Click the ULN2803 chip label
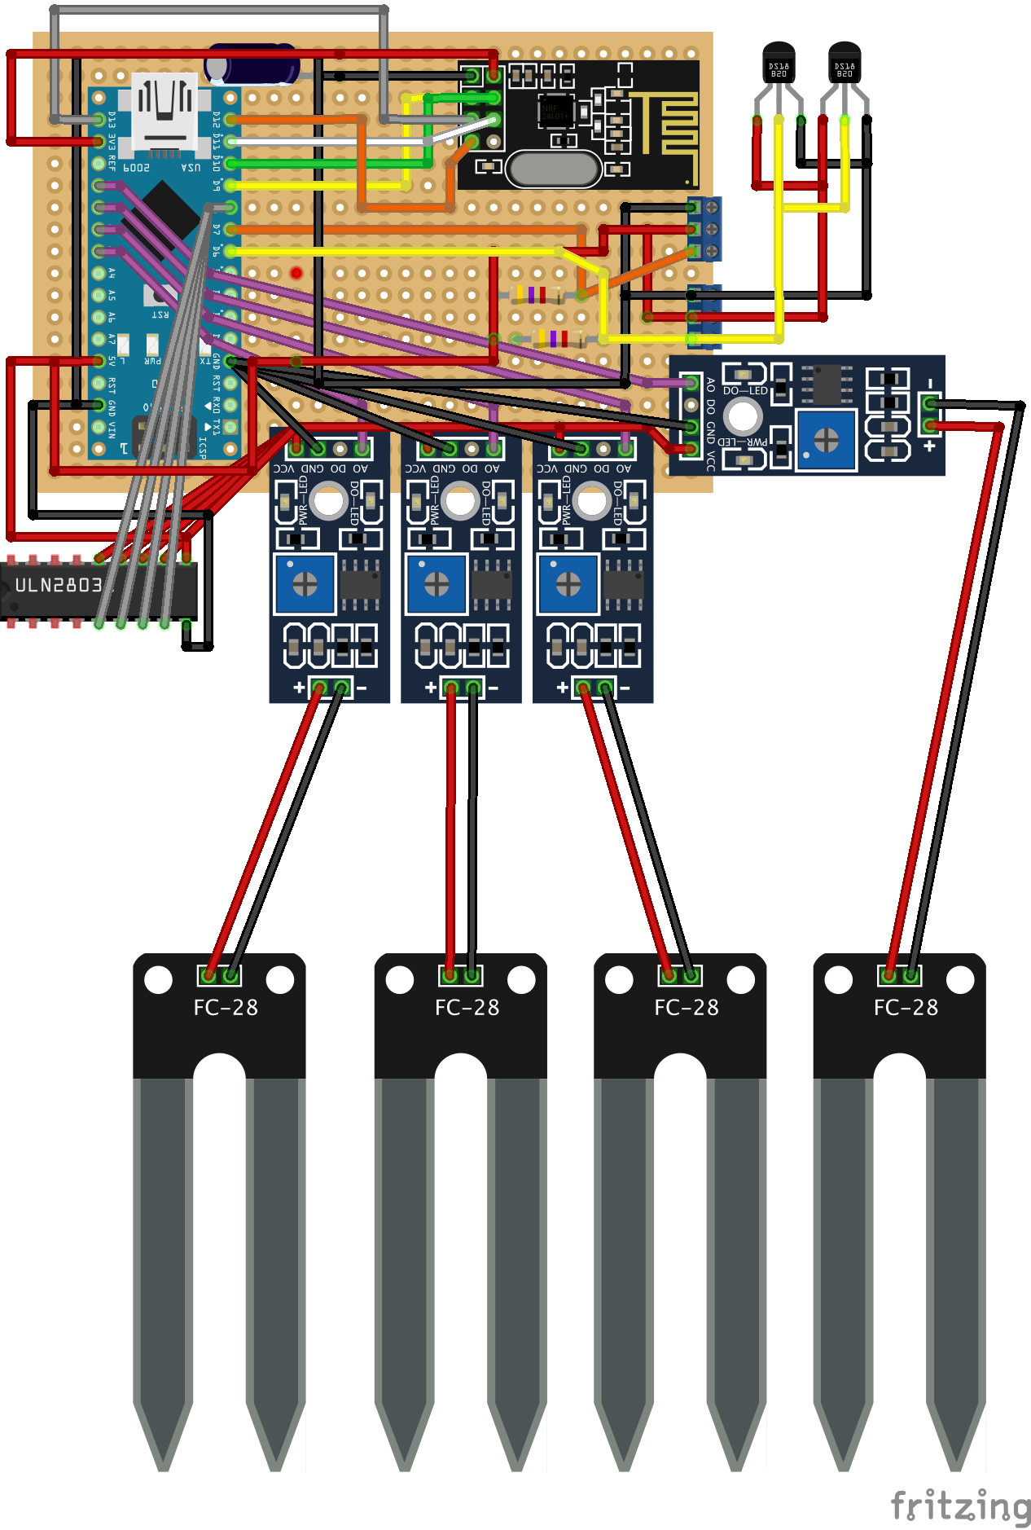coord(59,585)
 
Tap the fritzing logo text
coord(960,1506)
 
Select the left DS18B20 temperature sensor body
coord(779,64)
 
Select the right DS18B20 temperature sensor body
coord(845,64)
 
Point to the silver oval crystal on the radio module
coord(553,169)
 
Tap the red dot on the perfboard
coord(296,273)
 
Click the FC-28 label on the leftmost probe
coord(226,1008)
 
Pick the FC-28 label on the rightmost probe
coord(906,1008)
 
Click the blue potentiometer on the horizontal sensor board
coord(826,441)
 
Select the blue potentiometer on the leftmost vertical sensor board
coord(305,583)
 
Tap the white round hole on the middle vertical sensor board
coord(461,501)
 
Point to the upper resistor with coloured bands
coord(536,295)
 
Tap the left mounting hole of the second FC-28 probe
coord(400,980)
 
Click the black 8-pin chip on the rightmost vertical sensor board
coord(623,584)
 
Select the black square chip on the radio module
coord(555,111)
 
